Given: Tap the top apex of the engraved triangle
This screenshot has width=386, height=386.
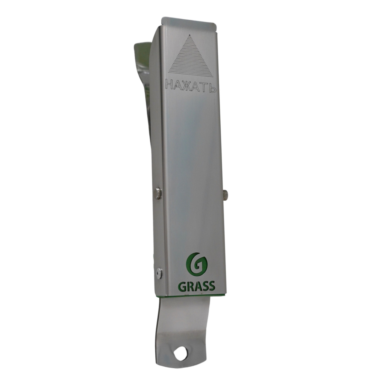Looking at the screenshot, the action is (189, 34).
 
